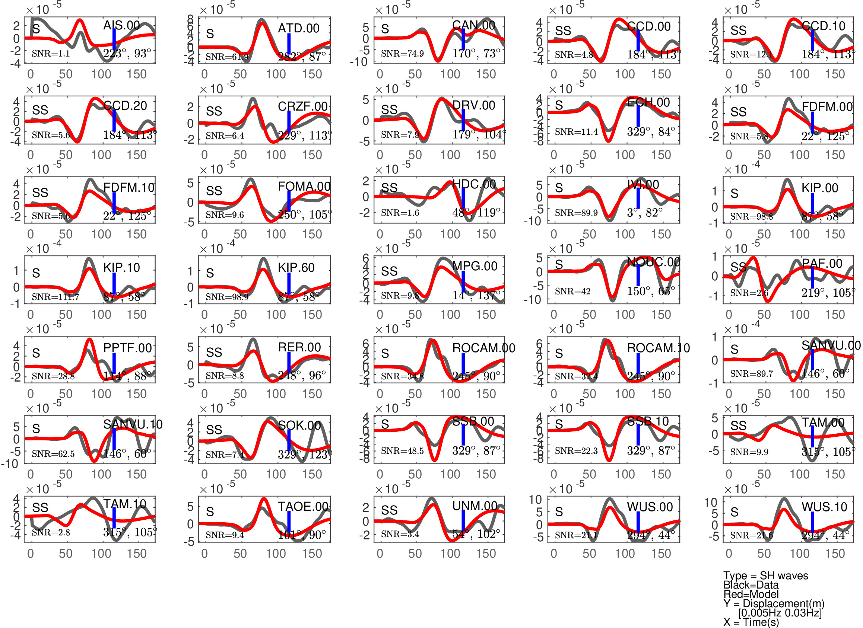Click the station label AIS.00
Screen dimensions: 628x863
pos(121,25)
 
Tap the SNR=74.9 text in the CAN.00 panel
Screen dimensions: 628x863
pos(402,54)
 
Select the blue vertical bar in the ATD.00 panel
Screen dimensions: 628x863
pos(289,44)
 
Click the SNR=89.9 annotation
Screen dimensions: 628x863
pos(576,213)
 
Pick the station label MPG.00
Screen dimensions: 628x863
pos(475,266)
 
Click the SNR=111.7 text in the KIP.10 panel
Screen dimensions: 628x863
pos(55,297)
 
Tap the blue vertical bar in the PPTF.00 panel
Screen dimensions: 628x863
pos(114,363)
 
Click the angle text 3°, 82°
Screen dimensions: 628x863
pos(645,213)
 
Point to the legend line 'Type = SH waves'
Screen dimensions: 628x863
pos(765,576)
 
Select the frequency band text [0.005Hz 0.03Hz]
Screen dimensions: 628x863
pos(780,613)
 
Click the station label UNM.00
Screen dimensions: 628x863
pos(475,506)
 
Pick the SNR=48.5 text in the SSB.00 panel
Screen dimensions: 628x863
pos(402,451)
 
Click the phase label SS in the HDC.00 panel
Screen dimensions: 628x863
pos(389,188)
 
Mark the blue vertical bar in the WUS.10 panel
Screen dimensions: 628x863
pos(812,522)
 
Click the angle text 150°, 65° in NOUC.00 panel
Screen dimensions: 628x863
pos(651,291)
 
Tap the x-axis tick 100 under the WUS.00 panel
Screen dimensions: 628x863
pos(625,554)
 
